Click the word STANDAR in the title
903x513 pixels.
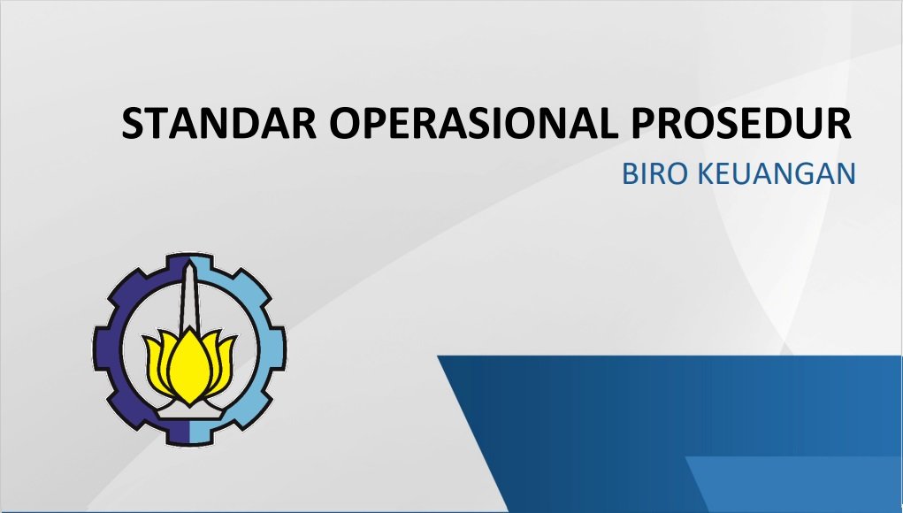[x=219, y=123]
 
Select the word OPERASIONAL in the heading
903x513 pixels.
[x=473, y=123]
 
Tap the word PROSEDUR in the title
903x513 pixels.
[x=741, y=123]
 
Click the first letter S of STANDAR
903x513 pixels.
[x=133, y=123]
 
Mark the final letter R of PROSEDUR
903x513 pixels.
[x=838, y=123]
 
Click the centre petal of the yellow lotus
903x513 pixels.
[x=189, y=365]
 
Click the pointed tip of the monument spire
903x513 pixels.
[x=189, y=260]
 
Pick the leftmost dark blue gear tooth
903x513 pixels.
[x=101, y=348]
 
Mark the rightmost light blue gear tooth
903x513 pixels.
[x=279, y=348]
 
